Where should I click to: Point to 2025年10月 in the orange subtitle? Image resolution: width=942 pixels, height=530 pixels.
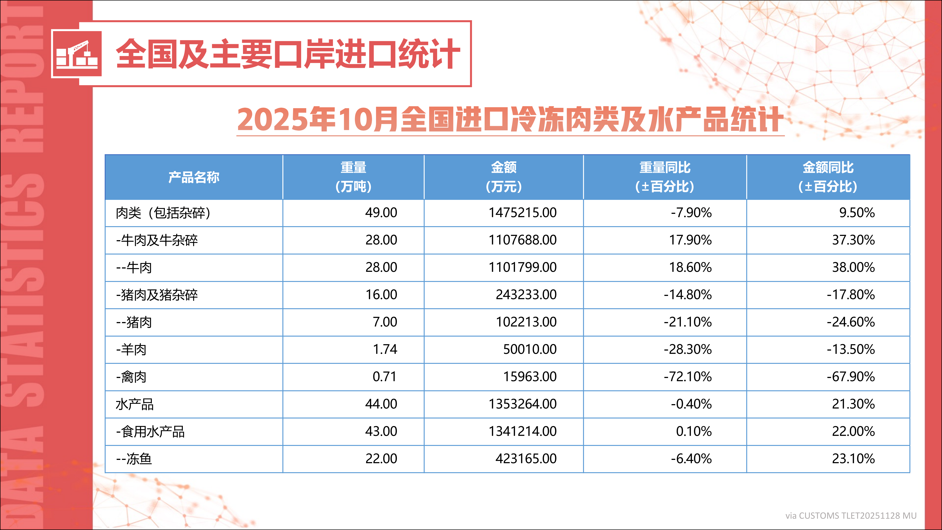pyautogui.click(x=317, y=120)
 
